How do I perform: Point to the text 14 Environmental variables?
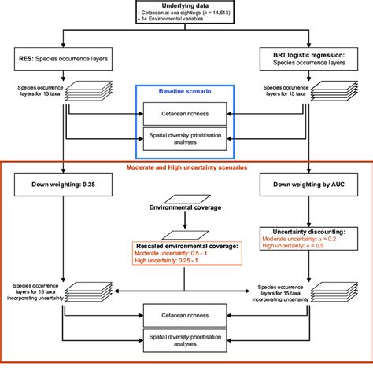coord(175,23)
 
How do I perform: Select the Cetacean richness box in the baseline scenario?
coord(186,115)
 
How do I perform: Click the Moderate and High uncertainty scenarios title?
coord(186,167)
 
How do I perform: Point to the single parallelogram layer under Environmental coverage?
coord(186,234)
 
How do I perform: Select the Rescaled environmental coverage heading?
coord(186,247)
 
